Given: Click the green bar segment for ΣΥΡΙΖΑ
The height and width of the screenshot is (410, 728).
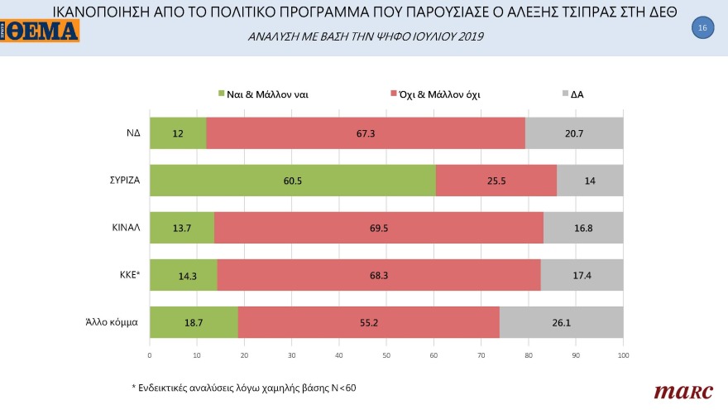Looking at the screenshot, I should click(292, 181).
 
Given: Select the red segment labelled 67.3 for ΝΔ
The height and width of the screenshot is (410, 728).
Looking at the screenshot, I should click(366, 133).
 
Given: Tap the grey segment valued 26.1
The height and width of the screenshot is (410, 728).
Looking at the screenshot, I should click(561, 322).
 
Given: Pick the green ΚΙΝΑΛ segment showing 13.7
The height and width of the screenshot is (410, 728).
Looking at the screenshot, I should click(181, 228).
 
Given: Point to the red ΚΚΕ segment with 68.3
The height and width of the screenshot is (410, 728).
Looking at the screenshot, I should click(378, 275).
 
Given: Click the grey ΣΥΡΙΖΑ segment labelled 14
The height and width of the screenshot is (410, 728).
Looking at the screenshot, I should click(590, 181).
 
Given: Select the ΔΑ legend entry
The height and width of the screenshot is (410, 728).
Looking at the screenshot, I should click(572, 94).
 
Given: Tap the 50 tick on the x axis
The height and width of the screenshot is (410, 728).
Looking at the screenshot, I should click(386, 355).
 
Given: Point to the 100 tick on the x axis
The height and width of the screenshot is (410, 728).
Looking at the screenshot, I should click(623, 355).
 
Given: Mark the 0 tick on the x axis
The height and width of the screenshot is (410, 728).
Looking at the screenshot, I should click(149, 355).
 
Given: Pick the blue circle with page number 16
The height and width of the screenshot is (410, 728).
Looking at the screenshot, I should click(702, 28).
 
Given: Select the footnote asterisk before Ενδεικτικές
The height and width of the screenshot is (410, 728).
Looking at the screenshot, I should click(133, 387).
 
